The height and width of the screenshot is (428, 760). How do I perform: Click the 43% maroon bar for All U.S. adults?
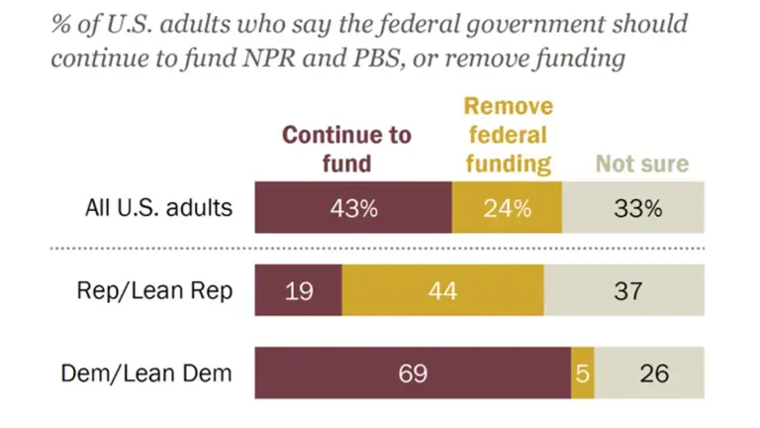[353, 208]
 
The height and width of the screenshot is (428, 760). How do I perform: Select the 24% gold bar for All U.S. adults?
[507, 208]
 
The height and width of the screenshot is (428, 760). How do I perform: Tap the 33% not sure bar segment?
[633, 208]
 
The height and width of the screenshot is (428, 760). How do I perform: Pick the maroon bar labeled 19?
[298, 291]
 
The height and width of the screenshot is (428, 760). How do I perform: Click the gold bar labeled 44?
[442, 291]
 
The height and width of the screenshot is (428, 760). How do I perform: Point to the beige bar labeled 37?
[623, 291]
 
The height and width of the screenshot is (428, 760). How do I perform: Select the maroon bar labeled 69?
[413, 374]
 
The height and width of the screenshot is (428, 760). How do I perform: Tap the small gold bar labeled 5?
[583, 374]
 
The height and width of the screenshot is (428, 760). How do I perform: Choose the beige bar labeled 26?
[649, 374]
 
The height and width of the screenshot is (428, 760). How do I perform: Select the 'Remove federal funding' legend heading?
[508, 136]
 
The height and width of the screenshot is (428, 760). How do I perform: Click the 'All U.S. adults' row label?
[158, 208]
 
